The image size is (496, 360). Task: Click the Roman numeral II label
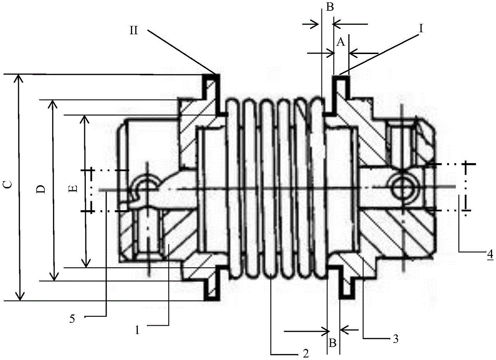pyautogui.click(x=134, y=31)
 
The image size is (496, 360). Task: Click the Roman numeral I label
pyautogui.click(x=421, y=28)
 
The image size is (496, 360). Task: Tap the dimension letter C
pyautogui.click(x=9, y=184)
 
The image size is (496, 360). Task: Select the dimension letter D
pyautogui.click(x=41, y=189)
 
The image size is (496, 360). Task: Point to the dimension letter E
pyautogui.click(x=73, y=188)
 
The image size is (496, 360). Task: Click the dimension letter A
pyautogui.click(x=340, y=42)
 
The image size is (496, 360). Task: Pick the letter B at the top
pyautogui.click(x=330, y=7)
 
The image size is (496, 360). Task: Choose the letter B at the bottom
pyautogui.click(x=332, y=343)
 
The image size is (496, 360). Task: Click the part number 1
pyautogui.click(x=137, y=330)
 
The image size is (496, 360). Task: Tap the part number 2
pyautogui.click(x=306, y=353)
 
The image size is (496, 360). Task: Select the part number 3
pyautogui.click(x=395, y=339)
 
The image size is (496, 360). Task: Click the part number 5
pyautogui.click(x=72, y=319)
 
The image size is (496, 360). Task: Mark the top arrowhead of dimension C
pyautogui.click(x=20, y=77)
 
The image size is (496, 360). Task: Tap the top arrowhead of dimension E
pyautogui.click(x=85, y=119)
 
